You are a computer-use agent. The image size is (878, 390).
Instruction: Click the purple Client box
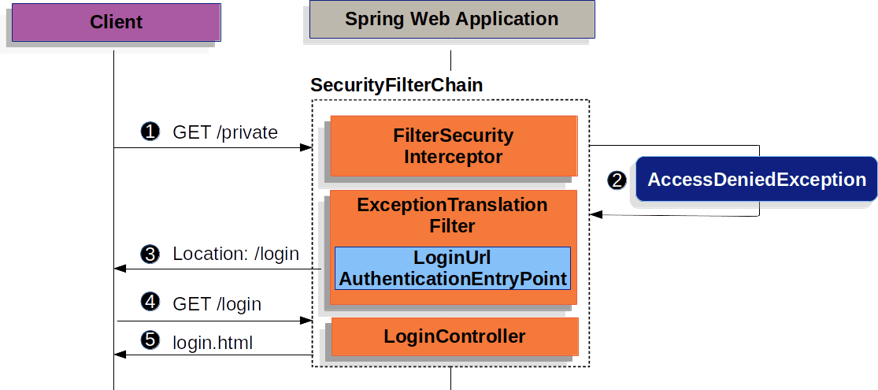point(116,22)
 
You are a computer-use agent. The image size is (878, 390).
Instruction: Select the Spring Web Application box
point(452,19)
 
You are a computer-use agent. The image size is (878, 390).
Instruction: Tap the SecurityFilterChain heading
point(396,85)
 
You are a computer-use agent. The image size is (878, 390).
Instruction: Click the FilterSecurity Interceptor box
point(454,146)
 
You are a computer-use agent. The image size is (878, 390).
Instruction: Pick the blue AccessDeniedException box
point(757,180)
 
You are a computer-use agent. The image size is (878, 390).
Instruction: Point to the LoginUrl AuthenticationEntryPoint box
point(453,268)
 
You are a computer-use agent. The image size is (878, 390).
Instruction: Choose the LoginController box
point(454,336)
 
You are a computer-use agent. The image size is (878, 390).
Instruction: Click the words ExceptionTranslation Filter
point(453,215)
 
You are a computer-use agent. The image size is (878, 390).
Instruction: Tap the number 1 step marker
point(150,132)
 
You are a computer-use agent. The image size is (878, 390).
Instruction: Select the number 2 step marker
point(617,180)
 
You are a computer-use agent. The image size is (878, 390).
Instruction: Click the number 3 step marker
point(150,254)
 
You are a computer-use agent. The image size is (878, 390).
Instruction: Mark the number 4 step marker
point(150,302)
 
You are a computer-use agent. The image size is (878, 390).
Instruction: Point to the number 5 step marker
point(150,340)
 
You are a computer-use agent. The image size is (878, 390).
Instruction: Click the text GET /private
point(225,132)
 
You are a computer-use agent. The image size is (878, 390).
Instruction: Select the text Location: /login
point(235,254)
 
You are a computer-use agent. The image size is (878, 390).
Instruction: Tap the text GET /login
point(217,303)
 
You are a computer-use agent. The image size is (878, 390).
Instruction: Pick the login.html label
point(213,342)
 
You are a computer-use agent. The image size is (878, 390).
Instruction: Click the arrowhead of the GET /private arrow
point(306,147)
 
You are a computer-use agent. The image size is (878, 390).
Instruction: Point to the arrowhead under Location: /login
point(119,269)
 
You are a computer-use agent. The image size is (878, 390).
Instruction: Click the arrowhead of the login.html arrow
point(119,355)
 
